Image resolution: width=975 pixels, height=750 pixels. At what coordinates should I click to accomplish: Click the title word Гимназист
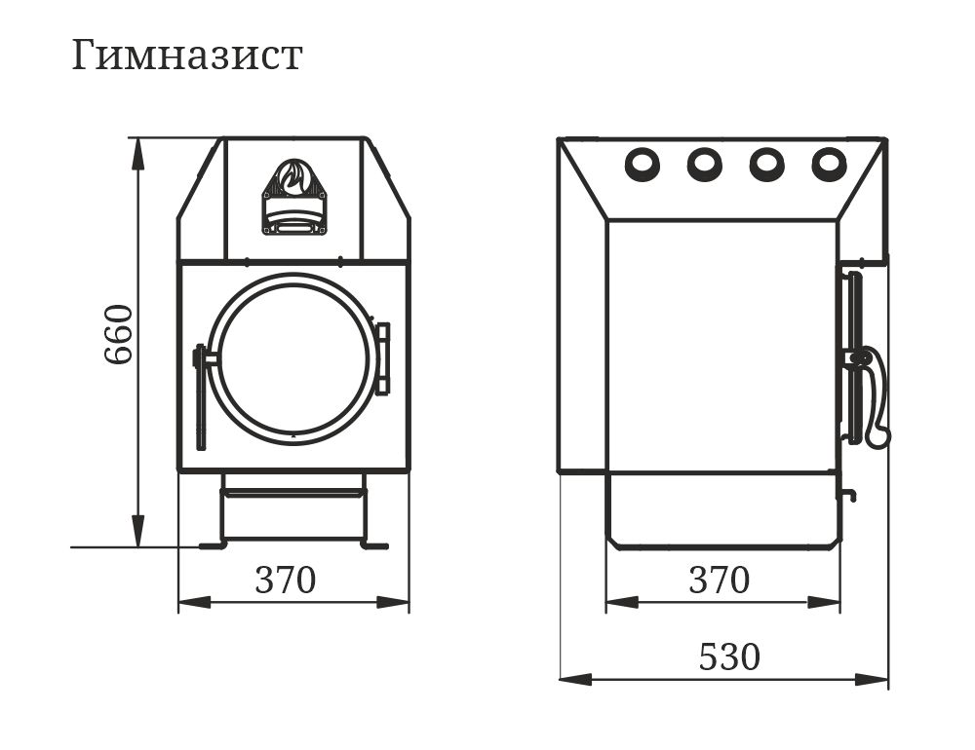(x=186, y=55)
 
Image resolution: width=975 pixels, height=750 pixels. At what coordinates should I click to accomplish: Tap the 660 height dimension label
(x=118, y=334)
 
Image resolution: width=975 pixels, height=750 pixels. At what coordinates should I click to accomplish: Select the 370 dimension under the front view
(x=286, y=580)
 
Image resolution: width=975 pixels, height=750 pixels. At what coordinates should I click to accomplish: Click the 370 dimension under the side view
(x=720, y=580)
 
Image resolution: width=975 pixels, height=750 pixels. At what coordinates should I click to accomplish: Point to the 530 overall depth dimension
(x=729, y=656)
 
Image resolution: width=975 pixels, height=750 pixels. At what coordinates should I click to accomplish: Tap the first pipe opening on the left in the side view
(x=643, y=164)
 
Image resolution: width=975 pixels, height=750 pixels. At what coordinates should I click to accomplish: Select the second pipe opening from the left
(x=705, y=164)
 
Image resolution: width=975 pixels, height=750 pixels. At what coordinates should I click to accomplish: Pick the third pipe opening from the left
(x=766, y=164)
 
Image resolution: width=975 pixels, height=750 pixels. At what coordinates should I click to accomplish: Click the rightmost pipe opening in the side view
(x=829, y=164)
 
